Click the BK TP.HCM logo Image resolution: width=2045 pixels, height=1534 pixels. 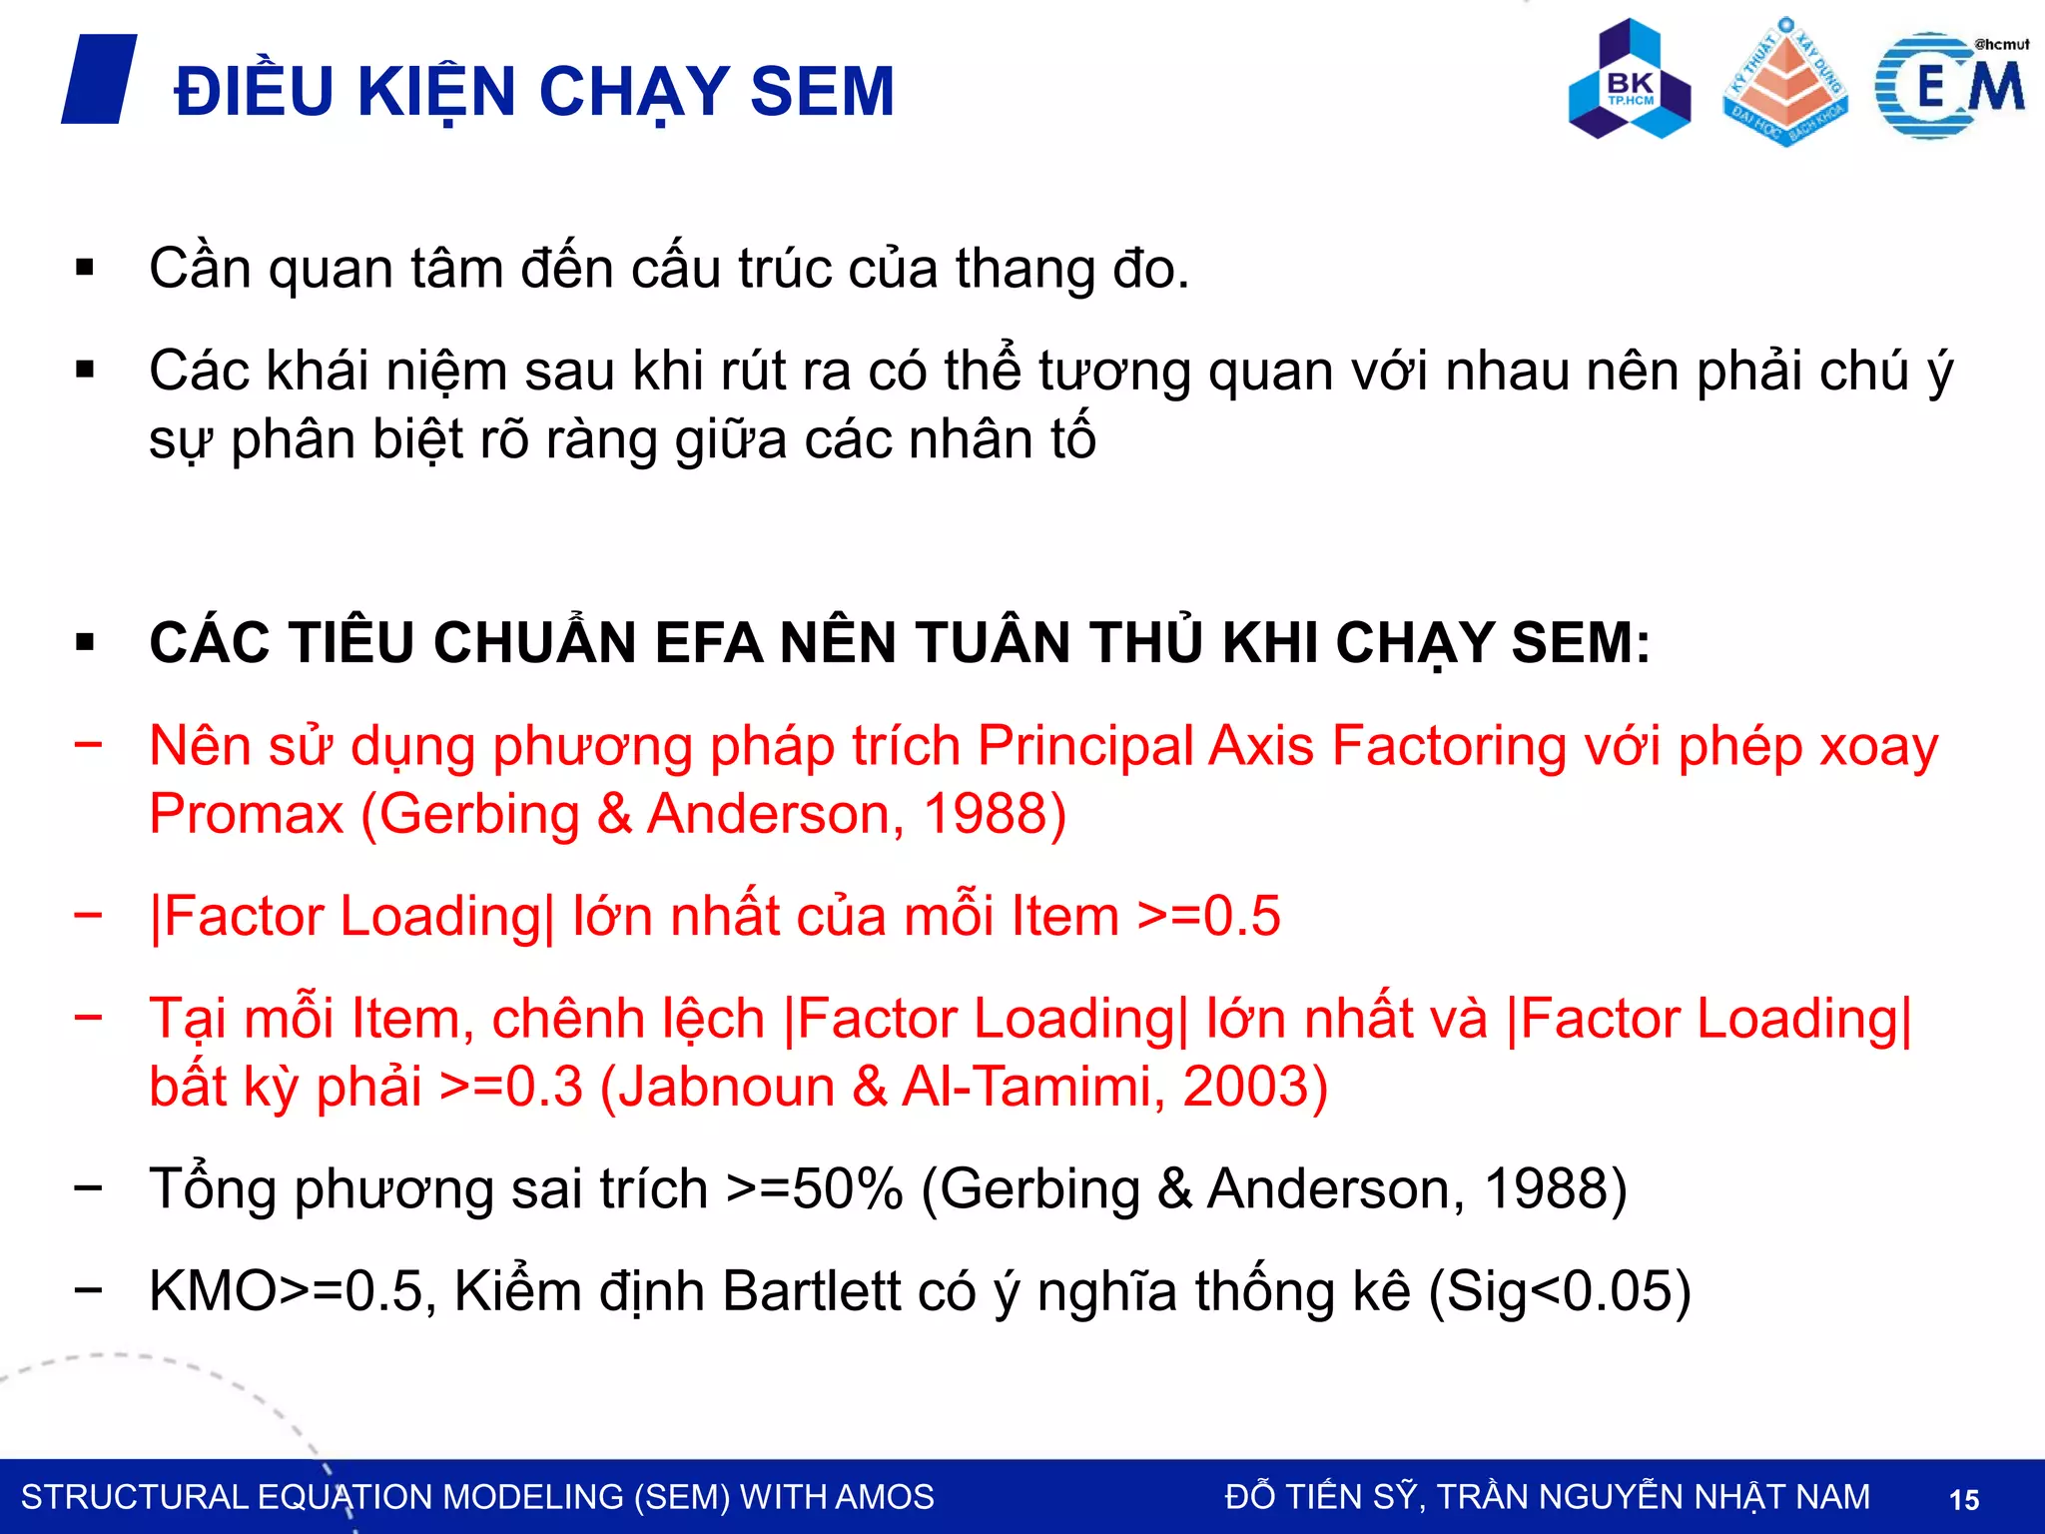pyautogui.click(x=1630, y=80)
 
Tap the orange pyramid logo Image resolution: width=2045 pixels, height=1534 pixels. pyautogui.click(x=1785, y=82)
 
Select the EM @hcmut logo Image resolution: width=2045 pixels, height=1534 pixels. pyautogui.click(x=1951, y=86)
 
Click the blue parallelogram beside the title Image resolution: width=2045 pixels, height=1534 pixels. pyautogui.click(x=99, y=79)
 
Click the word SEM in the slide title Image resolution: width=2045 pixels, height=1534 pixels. pyautogui.click(x=822, y=92)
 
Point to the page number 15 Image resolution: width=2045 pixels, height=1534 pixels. pyautogui.click(x=1963, y=1499)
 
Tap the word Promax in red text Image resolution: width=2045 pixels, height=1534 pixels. pyautogui.click(x=246, y=814)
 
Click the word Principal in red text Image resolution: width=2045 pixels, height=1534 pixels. pyautogui.click(x=1083, y=746)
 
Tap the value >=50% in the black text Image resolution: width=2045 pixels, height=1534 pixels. pyautogui.click(x=814, y=1189)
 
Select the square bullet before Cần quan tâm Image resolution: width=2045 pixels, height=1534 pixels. pyautogui.click(x=85, y=268)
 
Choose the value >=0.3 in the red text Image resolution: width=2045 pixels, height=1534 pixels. pyautogui.click(x=510, y=1087)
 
